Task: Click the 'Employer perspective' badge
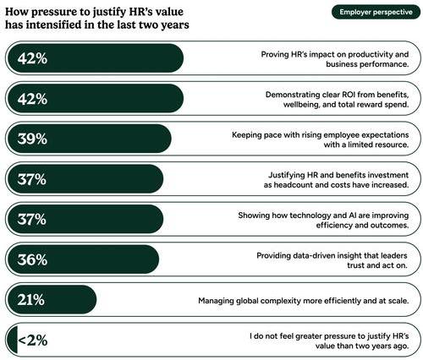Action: point(376,12)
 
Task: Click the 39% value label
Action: point(32,139)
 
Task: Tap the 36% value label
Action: point(32,259)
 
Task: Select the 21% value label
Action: point(31,299)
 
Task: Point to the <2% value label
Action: point(32,340)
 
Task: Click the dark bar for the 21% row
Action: point(52,299)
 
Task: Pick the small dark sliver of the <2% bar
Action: point(13,340)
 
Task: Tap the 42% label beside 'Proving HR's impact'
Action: point(32,58)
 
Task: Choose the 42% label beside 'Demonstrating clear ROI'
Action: point(32,99)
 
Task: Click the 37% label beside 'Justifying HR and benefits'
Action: point(32,179)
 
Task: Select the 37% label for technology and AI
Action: point(32,219)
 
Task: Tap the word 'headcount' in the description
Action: point(295,185)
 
